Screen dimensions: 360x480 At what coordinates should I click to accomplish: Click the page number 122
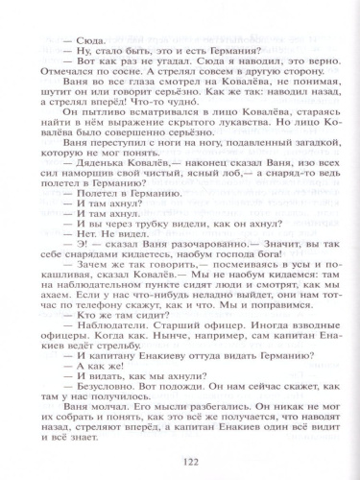click(180, 462)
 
